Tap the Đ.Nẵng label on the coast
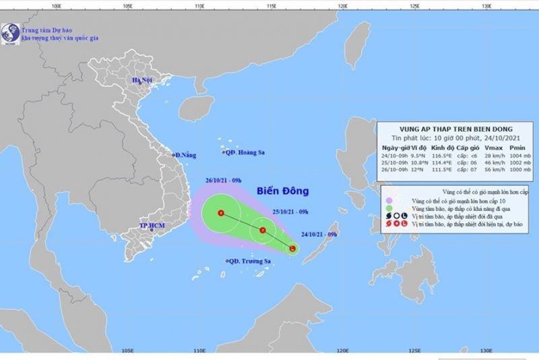(x=185, y=155)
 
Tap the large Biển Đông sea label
(x=278, y=190)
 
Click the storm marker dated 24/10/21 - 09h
(x=292, y=249)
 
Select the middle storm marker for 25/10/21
(x=263, y=231)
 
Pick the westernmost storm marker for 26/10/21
(x=221, y=214)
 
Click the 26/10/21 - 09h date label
(x=224, y=181)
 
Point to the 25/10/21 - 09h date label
(x=290, y=212)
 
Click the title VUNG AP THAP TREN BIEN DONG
(x=445, y=129)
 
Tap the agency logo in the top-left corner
(x=9, y=31)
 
